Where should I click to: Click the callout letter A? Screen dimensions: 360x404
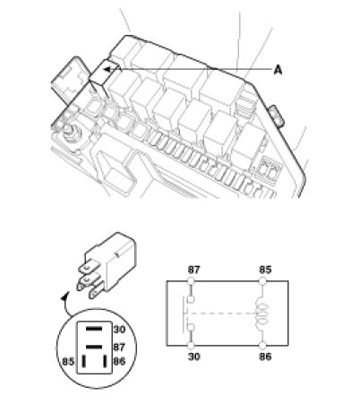click(278, 70)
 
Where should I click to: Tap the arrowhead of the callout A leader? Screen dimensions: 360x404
click(107, 70)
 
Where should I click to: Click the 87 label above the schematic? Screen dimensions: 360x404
click(193, 270)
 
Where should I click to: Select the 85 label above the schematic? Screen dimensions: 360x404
click(265, 270)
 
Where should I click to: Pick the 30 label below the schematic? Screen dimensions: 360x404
click(193, 357)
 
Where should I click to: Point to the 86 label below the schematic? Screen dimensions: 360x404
click(265, 357)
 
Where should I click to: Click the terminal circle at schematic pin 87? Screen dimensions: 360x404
click(191, 281)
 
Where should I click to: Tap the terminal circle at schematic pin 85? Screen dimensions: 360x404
click(262, 281)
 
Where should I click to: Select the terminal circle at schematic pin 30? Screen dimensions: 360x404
click(191, 346)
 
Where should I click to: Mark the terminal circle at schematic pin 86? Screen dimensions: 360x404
click(262, 346)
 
